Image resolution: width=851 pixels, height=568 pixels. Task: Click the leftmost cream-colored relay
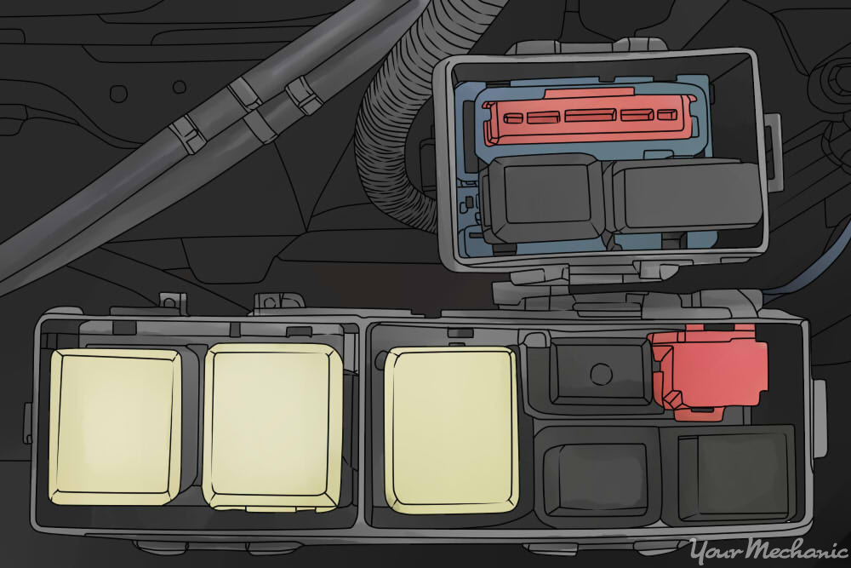(x=116, y=427)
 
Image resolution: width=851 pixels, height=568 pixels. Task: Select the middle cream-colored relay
(x=273, y=427)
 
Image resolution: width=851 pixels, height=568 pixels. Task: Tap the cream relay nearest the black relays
(x=452, y=430)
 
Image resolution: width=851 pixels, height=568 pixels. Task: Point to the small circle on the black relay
(x=601, y=373)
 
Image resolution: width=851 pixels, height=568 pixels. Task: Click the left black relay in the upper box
(x=545, y=198)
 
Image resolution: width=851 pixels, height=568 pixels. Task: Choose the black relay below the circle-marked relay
(x=597, y=476)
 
